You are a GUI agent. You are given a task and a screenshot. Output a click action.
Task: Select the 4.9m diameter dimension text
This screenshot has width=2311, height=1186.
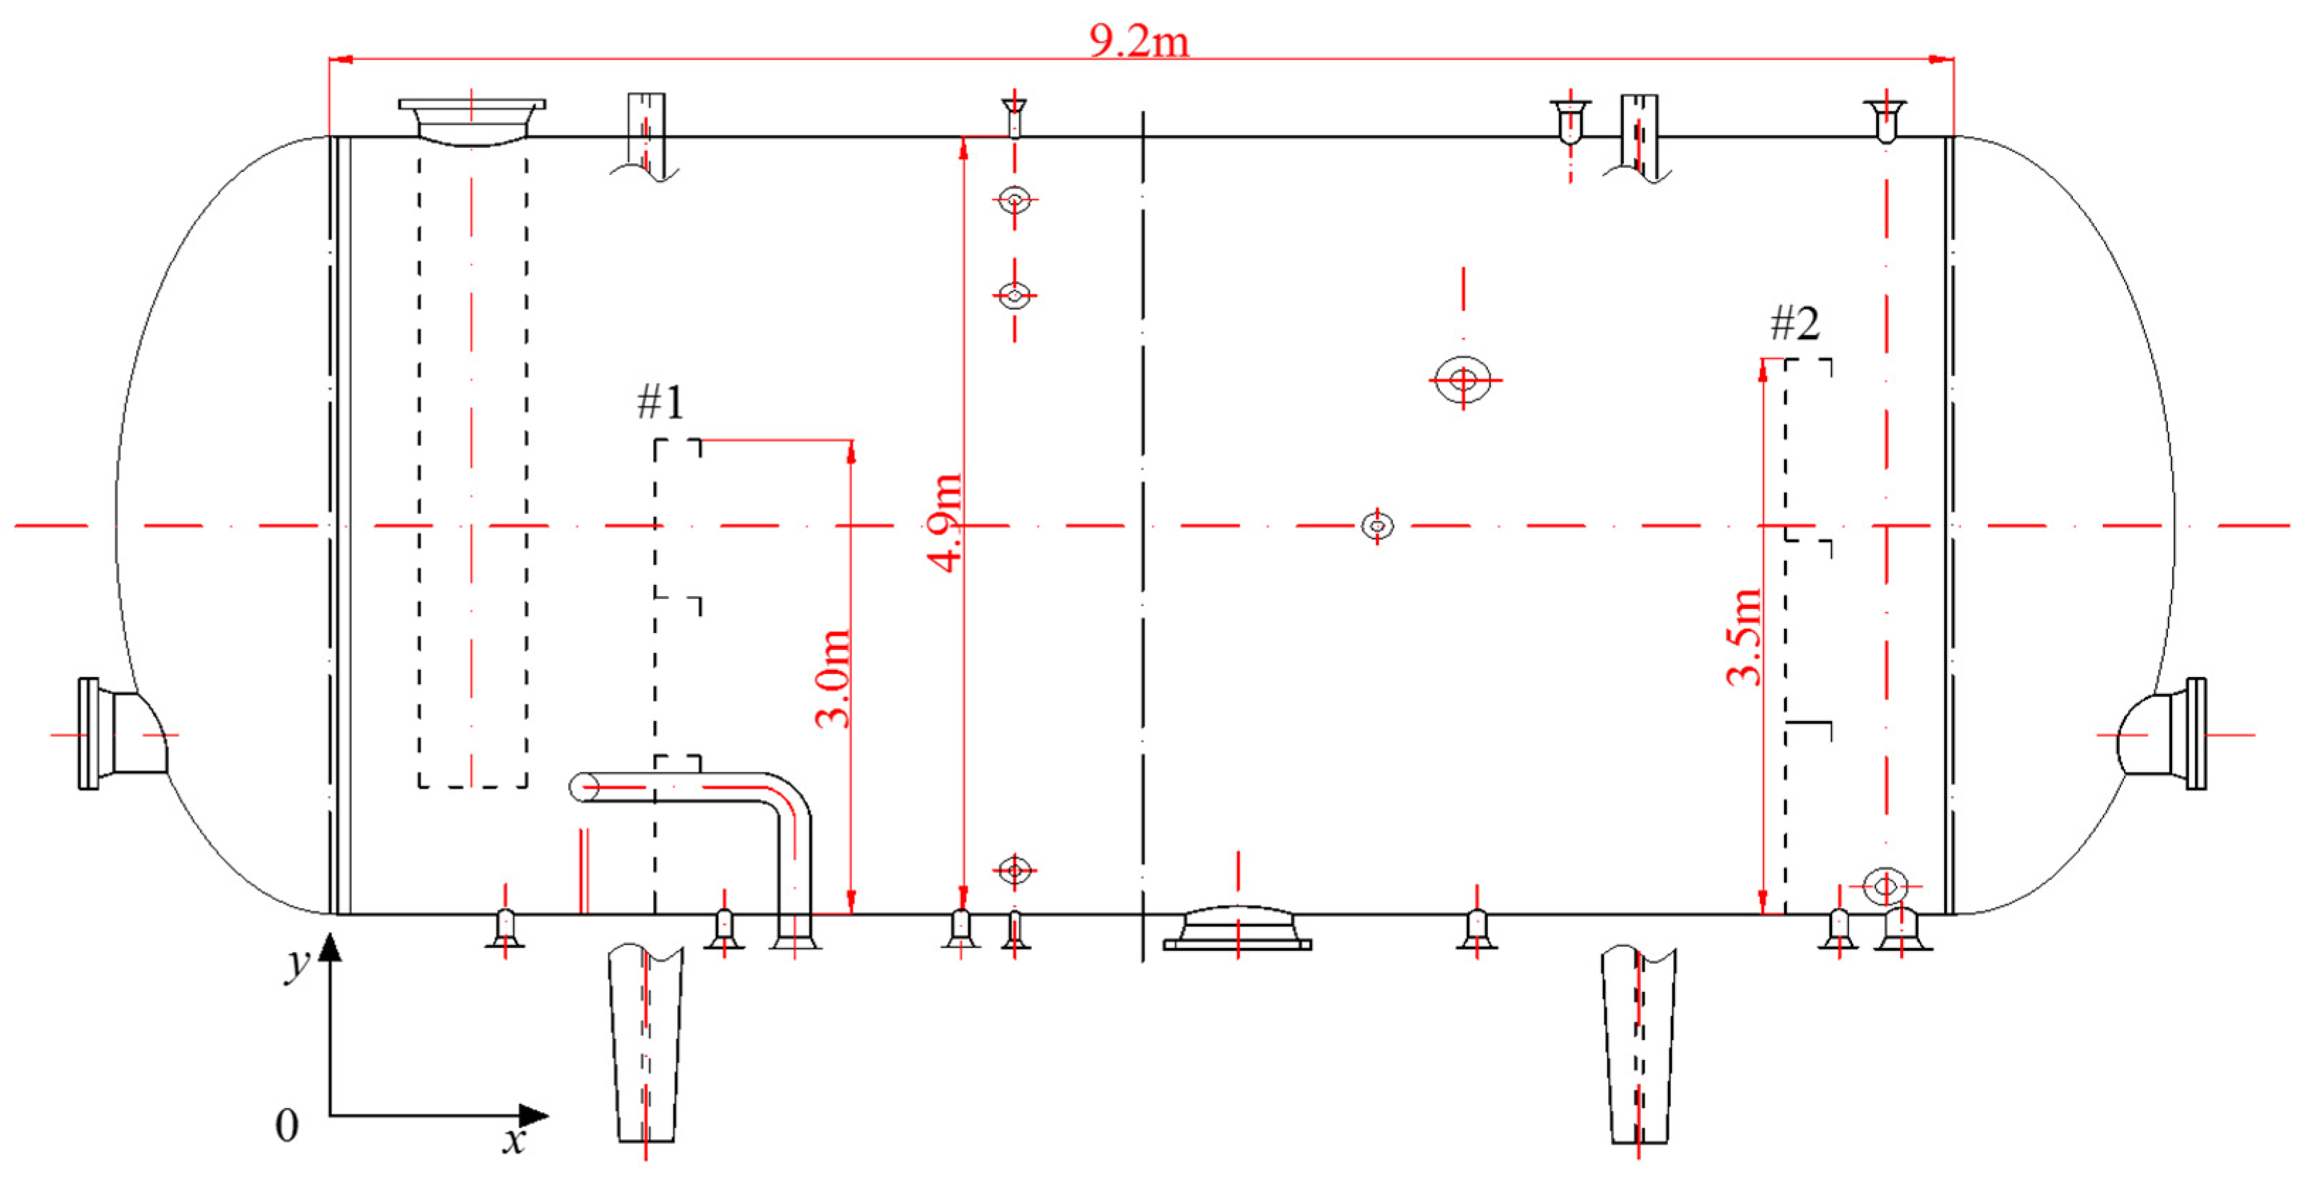click(944, 524)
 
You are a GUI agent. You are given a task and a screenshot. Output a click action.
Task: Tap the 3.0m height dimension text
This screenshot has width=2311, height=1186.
click(832, 678)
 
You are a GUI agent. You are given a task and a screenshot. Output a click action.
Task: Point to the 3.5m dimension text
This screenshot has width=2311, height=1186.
click(1743, 638)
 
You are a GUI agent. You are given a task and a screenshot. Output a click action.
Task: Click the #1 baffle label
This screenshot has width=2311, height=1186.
click(660, 402)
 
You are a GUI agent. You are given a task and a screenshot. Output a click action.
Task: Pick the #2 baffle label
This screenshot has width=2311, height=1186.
click(1794, 323)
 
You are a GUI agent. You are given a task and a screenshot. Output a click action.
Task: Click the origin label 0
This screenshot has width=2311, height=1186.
click(286, 1125)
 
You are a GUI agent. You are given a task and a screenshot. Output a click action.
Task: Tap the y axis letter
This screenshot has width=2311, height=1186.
click(297, 964)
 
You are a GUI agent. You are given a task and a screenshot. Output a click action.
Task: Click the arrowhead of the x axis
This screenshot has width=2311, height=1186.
click(535, 1116)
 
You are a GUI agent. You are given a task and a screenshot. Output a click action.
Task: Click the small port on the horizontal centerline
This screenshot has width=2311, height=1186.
click(1377, 525)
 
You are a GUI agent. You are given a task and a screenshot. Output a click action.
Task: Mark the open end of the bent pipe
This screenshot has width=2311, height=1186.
click(583, 787)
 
